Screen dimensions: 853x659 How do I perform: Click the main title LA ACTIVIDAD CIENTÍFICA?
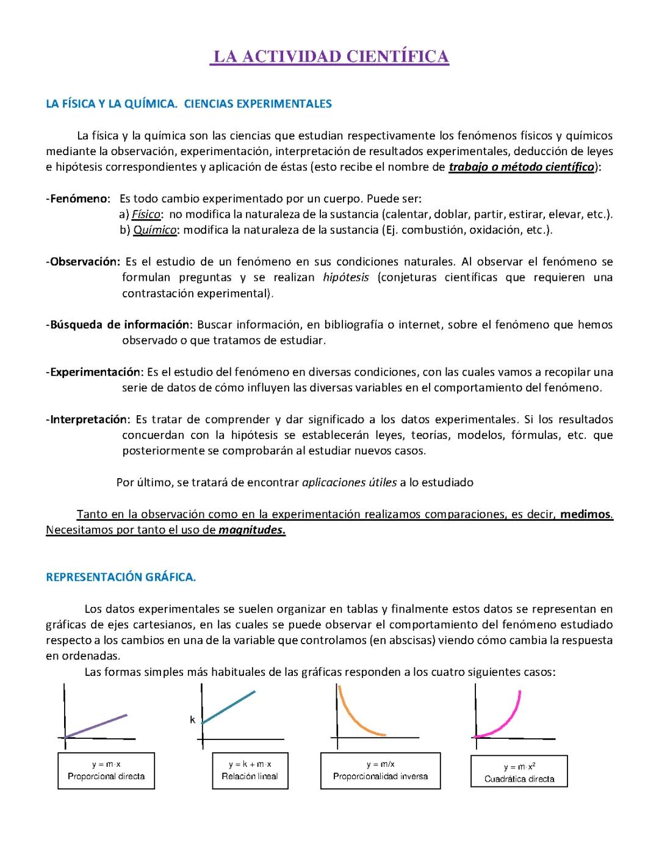[x=329, y=57]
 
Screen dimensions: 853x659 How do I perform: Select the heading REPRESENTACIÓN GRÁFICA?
[x=121, y=577]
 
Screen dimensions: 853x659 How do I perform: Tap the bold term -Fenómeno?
[x=77, y=199]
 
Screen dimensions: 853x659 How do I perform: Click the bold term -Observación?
[x=83, y=262]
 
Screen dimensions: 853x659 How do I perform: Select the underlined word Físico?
[x=146, y=215]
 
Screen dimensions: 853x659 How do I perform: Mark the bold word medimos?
[x=585, y=514]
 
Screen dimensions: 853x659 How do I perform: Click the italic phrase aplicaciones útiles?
[x=349, y=482]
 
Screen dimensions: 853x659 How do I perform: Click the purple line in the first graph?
[x=96, y=725]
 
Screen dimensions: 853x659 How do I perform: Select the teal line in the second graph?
[x=228, y=707]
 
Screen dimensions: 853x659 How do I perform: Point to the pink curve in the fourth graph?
[x=506, y=721]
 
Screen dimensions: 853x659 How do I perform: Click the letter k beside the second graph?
[x=192, y=720]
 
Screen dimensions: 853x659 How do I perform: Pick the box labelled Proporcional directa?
[x=106, y=771]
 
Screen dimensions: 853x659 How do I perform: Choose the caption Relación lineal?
[x=250, y=777]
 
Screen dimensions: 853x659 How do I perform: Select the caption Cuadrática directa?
[x=519, y=779]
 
